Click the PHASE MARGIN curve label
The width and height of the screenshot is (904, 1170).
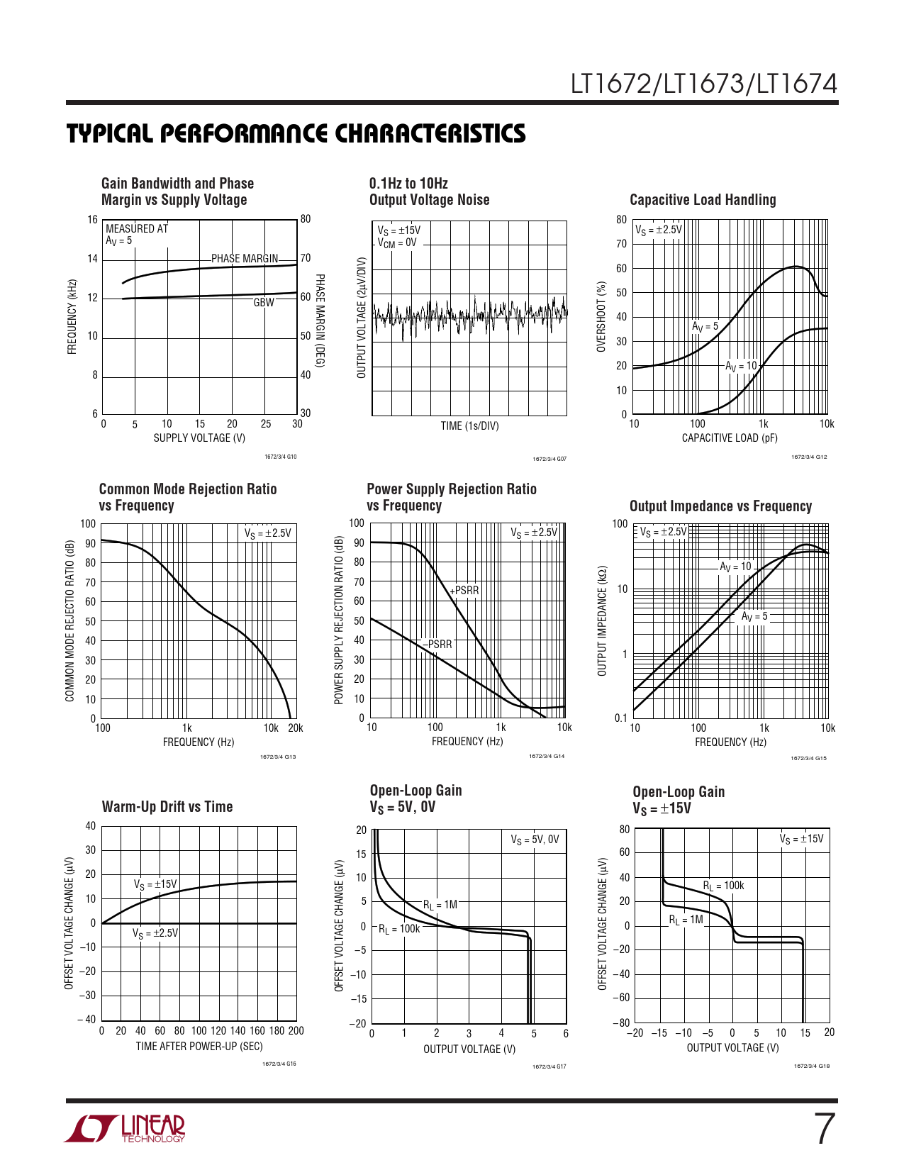point(245,259)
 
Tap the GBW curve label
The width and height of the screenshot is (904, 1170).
point(264,303)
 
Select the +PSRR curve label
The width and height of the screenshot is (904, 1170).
point(465,591)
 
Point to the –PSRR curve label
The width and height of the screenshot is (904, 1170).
point(438,645)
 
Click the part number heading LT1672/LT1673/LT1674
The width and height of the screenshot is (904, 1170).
point(704,84)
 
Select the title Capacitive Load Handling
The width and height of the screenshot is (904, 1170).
point(703,200)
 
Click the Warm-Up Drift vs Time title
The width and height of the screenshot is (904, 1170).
point(167,807)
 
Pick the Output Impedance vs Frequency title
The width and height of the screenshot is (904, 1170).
point(720,506)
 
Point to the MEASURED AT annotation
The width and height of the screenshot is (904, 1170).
point(137,229)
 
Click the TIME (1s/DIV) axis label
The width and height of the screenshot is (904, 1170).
point(469,426)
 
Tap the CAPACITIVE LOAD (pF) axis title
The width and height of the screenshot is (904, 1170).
point(730,438)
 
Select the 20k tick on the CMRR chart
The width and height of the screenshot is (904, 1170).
point(295,728)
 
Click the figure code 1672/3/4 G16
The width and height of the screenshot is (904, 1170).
point(279,1064)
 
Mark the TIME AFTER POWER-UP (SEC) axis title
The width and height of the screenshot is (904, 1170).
point(199,1047)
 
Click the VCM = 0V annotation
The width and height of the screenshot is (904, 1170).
point(397,243)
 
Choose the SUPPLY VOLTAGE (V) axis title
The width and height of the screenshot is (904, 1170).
point(199,438)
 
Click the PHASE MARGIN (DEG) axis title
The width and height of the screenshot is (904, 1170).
point(320,321)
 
